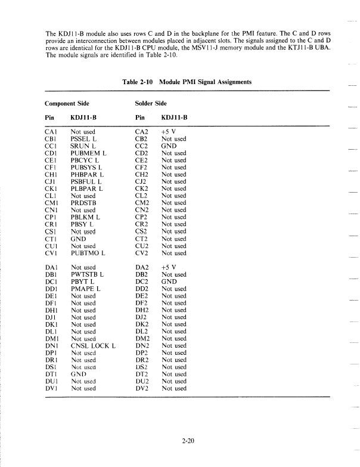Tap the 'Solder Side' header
tap(153, 103)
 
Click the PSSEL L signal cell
tap(84, 139)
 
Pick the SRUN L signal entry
tap(83, 146)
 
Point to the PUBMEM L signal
tap(88, 153)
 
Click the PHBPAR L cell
tap(87, 175)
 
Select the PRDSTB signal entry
tap(84, 203)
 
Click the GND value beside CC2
tap(169, 146)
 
